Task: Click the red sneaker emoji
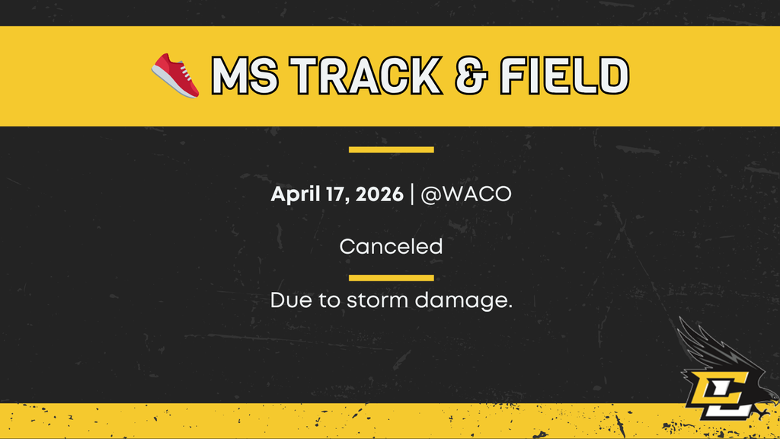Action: (176, 75)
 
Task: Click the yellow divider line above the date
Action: (391, 149)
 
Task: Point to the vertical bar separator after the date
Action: (412, 194)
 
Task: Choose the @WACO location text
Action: (465, 194)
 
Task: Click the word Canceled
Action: (391, 247)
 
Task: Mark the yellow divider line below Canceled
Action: (391, 277)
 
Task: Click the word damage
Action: (463, 301)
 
